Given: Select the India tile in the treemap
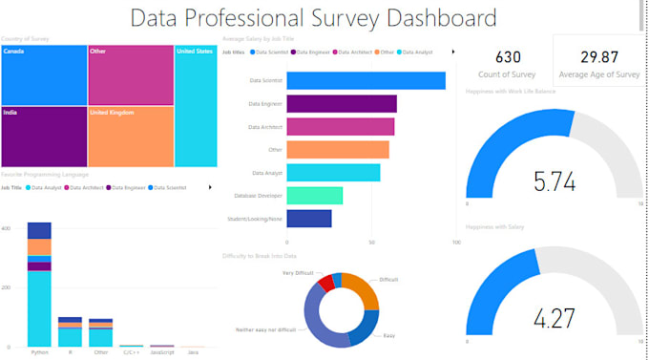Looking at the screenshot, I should [44, 136].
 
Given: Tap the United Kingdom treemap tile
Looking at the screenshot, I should [130, 136].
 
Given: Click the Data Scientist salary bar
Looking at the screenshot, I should [366, 81].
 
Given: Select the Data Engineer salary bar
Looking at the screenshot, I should [341, 104].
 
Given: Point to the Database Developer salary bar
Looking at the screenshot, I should [314, 195].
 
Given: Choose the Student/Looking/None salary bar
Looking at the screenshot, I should [308, 219].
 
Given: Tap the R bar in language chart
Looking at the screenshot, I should [70, 331].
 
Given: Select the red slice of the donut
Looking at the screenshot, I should [326, 283].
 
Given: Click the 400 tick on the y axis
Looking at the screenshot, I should [7, 229].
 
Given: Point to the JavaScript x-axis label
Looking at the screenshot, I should [162, 351].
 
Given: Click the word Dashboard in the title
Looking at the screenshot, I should [433, 17].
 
